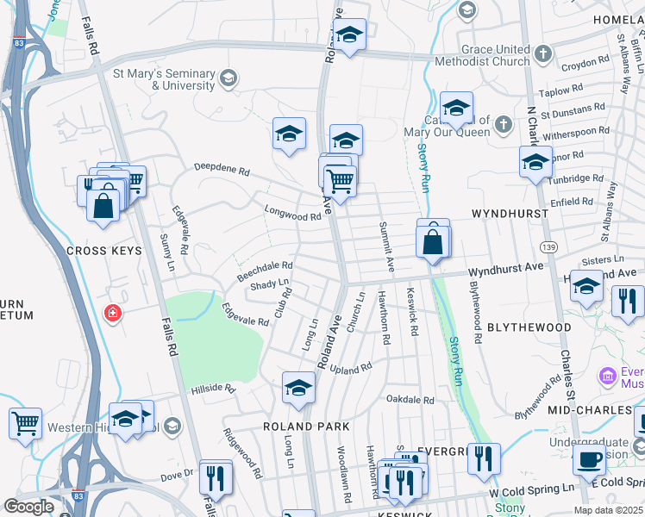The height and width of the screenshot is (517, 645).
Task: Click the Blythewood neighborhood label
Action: tap(529, 328)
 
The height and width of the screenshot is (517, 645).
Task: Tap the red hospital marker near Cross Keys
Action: tap(111, 313)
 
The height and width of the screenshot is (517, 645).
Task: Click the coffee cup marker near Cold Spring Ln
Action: tap(590, 458)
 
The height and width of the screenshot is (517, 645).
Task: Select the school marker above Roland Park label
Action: tap(298, 389)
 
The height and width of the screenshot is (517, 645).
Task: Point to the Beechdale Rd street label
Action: tap(266, 271)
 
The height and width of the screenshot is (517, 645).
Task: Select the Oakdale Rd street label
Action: tap(410, 400)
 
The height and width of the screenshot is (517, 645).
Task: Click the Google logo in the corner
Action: tap(29, 507)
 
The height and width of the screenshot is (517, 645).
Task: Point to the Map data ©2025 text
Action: tap(608, 510)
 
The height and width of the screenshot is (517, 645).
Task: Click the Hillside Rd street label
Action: tap(213, 389)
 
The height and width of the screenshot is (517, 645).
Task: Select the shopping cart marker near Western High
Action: tap(25, 423)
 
